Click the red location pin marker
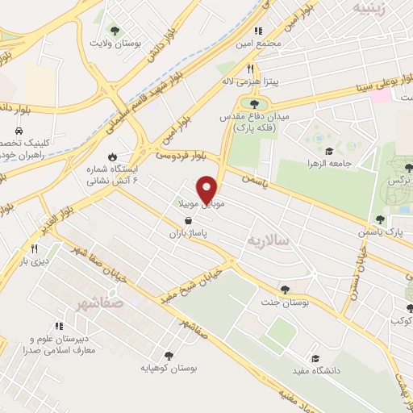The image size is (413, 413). click(208, 190)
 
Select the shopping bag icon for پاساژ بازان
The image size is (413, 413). click(188, 220)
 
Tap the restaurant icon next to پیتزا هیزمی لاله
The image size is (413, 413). click(251, 69)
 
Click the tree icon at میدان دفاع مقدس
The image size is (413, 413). click(255, 103)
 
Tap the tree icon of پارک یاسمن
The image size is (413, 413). click(380, 219)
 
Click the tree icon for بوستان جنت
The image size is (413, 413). click(284, 289)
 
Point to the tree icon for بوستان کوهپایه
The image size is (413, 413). click(169, 355)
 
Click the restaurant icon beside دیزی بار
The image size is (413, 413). click(34, 248)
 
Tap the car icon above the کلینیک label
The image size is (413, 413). click(18, 130)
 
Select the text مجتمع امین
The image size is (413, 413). click(260, 43)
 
